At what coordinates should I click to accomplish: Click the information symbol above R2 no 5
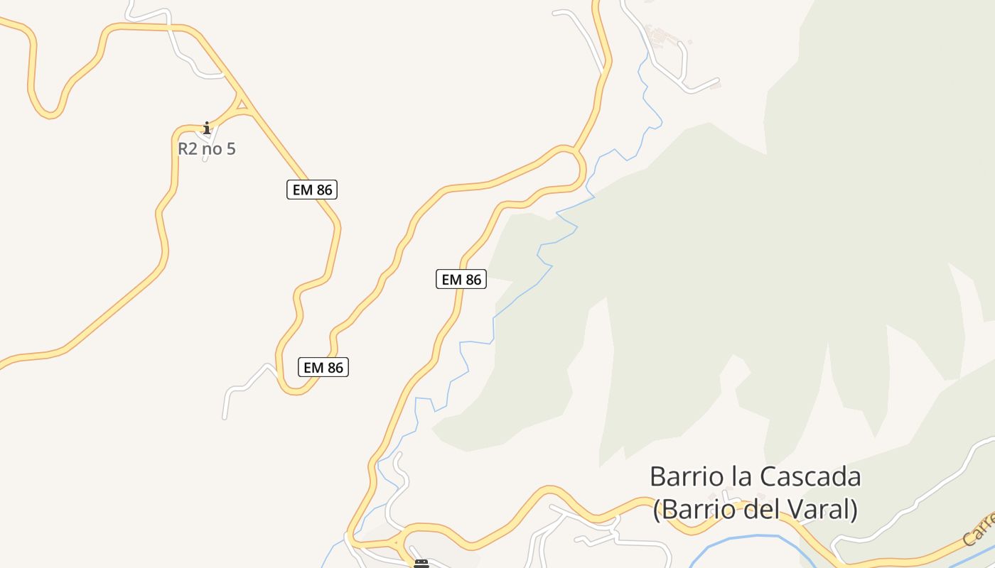pos(207,129)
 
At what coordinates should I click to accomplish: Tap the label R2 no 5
pos(207,149)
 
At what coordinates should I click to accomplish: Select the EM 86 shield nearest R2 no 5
pos(312,190)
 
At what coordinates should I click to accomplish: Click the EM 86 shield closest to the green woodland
pos(461,280)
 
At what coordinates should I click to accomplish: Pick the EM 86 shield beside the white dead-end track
pos(323,367)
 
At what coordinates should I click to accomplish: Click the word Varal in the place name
pos(817,510)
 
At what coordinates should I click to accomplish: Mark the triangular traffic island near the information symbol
pos(242,105)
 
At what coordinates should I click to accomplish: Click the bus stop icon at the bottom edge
pos(421,564)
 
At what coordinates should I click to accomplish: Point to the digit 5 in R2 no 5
pos(230,149)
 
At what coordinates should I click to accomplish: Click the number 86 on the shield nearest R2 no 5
pos(323,190)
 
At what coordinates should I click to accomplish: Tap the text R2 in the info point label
pos(187,149)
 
